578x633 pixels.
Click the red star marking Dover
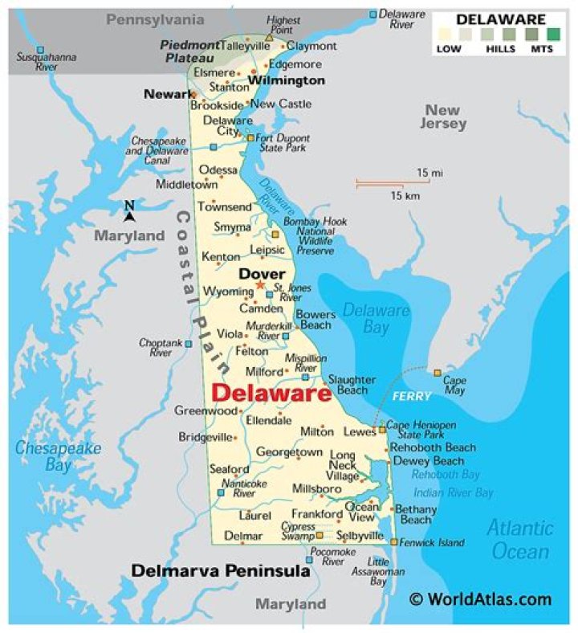click(259, 285)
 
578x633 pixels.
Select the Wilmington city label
click(287, 80)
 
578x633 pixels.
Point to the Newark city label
click(168, 94)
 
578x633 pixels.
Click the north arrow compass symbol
click(129, 210)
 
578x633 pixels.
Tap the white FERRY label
click(411, 396)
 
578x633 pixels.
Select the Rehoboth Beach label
click(433, 447)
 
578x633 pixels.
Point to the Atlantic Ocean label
click(521, 539)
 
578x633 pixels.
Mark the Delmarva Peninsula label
click(220, 571)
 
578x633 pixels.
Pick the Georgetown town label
click(289, 453)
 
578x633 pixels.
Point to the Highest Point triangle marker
click(269, 37)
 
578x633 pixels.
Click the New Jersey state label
click(442, 117)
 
